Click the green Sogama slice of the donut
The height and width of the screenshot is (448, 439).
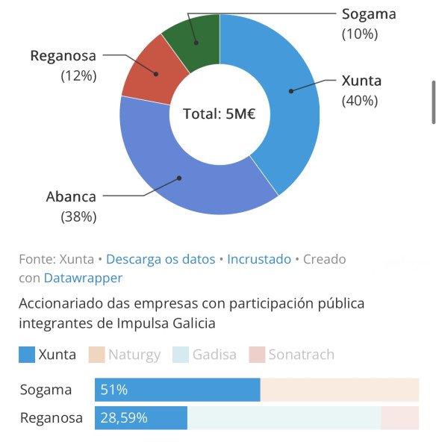[197, 43]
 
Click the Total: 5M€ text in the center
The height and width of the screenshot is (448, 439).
[219, 113]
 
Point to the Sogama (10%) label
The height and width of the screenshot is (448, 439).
[369, 24]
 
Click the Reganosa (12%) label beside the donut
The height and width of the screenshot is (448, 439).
[63, 66]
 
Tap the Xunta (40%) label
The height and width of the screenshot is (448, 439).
[361, 90]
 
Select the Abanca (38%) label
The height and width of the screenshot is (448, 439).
[72, 207]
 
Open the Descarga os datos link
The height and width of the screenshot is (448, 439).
[161, 259]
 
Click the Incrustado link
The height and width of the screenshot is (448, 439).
[259, 259]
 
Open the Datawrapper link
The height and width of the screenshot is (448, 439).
[83, 278]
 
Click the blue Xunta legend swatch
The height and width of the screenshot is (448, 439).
[27, 355]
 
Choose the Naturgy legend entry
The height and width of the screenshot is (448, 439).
[125, 355]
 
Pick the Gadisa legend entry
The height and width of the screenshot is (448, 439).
[205, 355]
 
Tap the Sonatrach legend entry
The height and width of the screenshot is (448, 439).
[292, 355]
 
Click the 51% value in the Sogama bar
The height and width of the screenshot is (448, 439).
[114, 390]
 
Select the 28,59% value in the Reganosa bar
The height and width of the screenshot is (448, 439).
[124, 417]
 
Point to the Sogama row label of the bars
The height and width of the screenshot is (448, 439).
[46, 390]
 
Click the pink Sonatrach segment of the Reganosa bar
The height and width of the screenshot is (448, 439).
[400, 417]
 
